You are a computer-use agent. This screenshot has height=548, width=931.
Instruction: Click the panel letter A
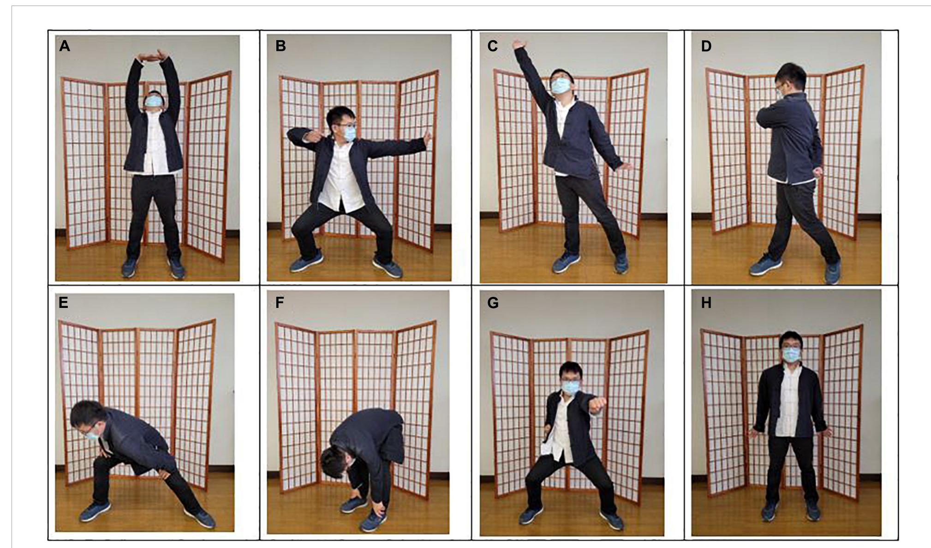(x=65, y=46)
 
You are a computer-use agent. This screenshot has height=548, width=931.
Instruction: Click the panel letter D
(x=706, y=46)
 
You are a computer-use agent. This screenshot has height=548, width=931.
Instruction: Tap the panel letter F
(x=280, y=303)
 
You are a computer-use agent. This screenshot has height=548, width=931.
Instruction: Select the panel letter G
(x=493, y=303)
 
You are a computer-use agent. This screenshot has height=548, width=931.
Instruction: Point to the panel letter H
(x=706, y=303)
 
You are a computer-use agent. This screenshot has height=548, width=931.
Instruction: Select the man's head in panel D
(x=789, y=78)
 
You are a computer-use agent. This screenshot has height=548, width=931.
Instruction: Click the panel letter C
(x=493, y=46)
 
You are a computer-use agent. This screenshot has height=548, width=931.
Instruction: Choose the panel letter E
(x=64, y=303)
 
